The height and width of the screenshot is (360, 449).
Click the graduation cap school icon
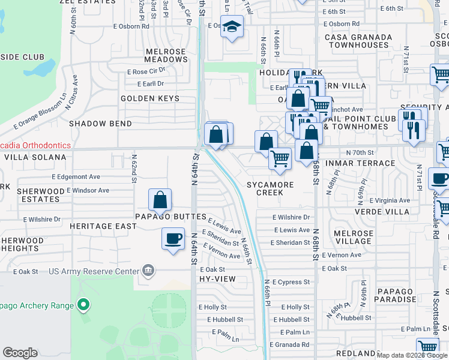coord(231,27)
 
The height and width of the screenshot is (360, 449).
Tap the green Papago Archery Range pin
coord(84,305)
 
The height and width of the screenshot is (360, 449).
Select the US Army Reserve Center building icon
coord(147,272)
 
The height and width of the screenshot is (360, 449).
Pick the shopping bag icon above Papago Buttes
coord(160,200)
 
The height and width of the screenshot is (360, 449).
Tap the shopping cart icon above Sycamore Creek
coord(280,159)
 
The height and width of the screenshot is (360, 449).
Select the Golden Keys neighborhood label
coord(150,98)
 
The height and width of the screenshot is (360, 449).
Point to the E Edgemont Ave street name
coord(76,177)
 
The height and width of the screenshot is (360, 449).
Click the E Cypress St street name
coord(291,282)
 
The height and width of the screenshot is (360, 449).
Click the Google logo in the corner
coord(20,353)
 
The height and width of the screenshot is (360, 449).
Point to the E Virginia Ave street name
coord(390,200)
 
